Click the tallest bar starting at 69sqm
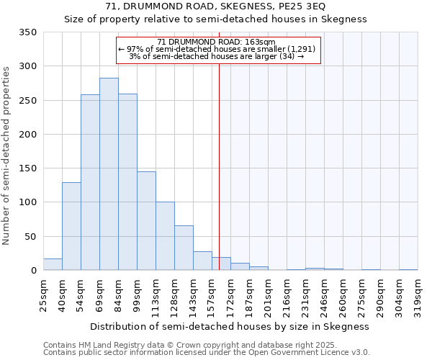point(109,174)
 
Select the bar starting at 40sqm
point(71,227)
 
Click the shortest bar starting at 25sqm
point(53,264)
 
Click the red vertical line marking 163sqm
point(220,166)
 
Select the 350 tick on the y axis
point(28,32)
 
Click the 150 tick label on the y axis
point(28,168)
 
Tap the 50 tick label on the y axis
point(31,237)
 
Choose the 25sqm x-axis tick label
point(43,294)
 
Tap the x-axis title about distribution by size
point(230,326)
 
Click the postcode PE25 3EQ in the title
point(302,6)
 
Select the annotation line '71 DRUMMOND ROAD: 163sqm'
point(216,42)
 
